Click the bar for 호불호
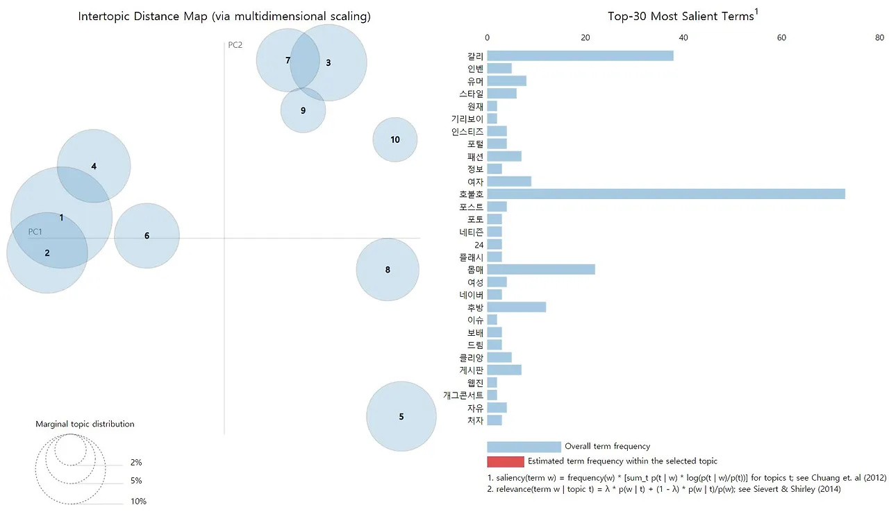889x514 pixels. click(665, 194)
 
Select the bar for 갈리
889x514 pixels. click(580, 55)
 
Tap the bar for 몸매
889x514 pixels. click(541, 270)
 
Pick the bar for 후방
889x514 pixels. click(516, 307)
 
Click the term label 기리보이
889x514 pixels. click(467, 119)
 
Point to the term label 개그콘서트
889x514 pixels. click(463, 395)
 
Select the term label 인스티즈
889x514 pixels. click(467, 131)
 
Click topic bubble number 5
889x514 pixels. click(401, 417)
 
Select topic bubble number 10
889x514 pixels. click(395, 139)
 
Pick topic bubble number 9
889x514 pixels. click(303, 110)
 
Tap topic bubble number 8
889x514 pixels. click(388, 270)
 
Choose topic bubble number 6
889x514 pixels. click(147, 236)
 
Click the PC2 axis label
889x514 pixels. click(235, 46)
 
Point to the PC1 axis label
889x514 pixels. click(35, 232)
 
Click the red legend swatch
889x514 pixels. click(505, 461)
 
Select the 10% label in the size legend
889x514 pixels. click(138, 502)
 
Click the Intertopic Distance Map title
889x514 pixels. click(224, 17)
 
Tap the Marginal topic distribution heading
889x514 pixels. click(85, 424)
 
